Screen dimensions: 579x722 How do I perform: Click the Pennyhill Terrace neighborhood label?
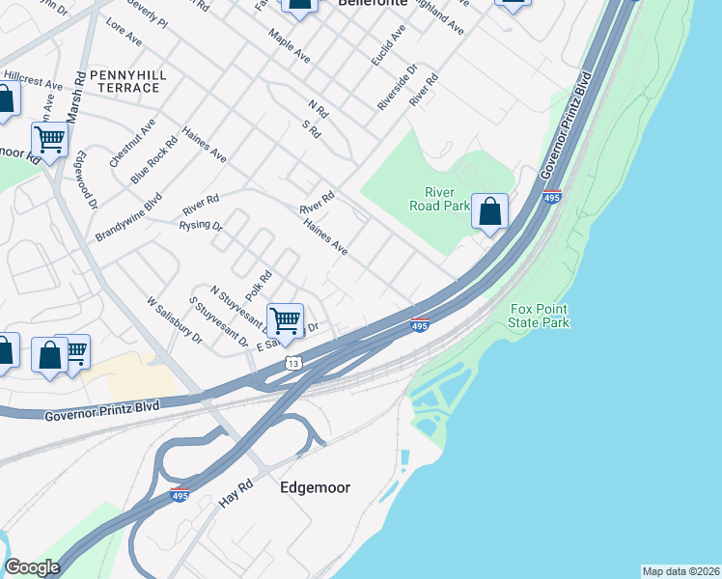tap(124, 81)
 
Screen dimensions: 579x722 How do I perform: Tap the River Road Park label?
tap(446, 199)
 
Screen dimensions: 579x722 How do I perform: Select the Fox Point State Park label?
tap(540, 316)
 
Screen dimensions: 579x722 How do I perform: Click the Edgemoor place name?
tap(316, 487)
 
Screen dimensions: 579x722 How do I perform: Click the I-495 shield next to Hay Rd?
tap(179, 495)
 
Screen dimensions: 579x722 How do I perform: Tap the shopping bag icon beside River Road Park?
tap(489, 211)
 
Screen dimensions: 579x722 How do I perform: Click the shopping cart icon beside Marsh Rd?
tap(49, 139)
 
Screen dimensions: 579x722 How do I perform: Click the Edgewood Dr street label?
tap(86, 179)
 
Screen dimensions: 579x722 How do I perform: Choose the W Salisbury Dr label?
tap(174, 320)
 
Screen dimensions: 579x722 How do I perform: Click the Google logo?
tap(32, 567)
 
